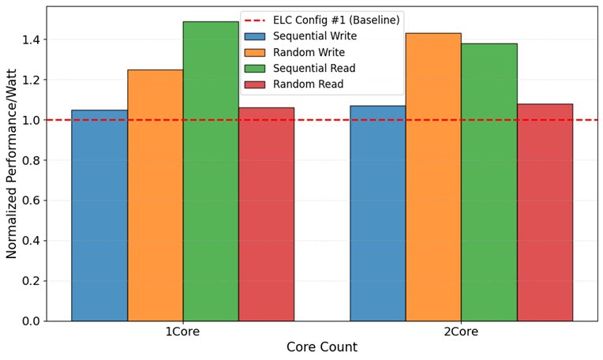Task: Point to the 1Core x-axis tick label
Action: click(x=182, y=332)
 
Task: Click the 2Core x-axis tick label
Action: click(x=461, y=332)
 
